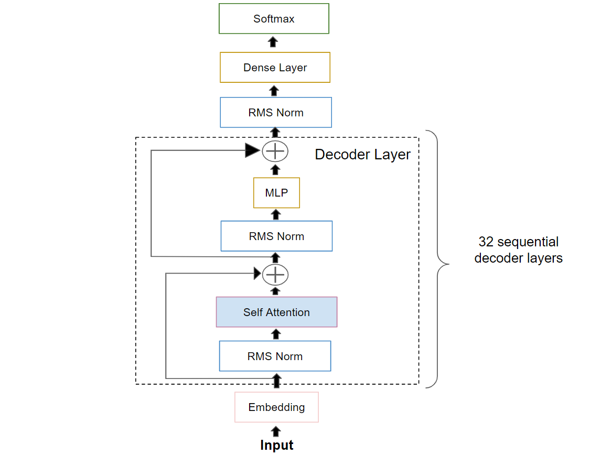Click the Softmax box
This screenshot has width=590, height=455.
(274, 19)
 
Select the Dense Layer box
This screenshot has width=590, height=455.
(275, 68)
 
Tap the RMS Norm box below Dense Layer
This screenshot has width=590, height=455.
(276, 112)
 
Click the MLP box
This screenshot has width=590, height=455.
(276, 193)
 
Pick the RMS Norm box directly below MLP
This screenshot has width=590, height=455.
(276, 236)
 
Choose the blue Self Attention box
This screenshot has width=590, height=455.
(276, 312)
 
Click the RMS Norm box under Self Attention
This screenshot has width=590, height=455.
(275, 356)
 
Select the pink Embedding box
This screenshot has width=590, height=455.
(276, 407)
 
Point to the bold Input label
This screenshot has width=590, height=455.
(276, 445)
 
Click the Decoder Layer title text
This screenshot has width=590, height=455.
(362, 155)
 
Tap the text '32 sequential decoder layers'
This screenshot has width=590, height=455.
(518, 250)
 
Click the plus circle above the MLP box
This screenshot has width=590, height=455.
(275, 151)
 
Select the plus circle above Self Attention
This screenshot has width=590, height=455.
(275, 274)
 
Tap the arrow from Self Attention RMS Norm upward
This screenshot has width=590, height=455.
(276, 334)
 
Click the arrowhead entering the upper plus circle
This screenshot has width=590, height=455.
(253, 151)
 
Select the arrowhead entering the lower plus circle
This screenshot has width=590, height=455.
(258, 273)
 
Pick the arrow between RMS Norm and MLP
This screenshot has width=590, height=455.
(276, 214)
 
